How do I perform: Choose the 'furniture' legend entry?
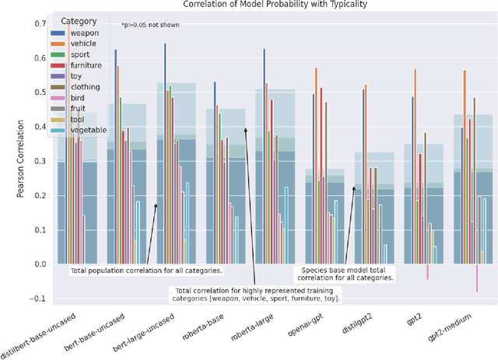tap(86, 65)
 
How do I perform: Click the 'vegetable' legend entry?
tap(88, 130)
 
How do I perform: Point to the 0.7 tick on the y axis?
tap(40, 23)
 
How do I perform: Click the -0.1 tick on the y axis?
tap(37, 299)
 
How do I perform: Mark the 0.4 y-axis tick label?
tap(40, 127)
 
